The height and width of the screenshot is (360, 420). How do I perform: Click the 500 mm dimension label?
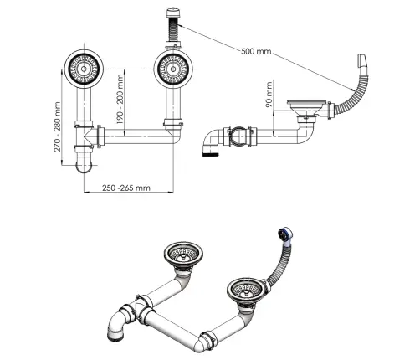pyautogui.click(x=256, y=51)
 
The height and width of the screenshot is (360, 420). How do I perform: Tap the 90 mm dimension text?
pyautogui.click(x=269, y=95)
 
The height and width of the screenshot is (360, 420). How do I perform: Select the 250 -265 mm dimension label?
pyautogui.click(x=126, y=188)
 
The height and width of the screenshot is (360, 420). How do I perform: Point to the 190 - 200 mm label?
pyautogui.click(x=120, y=99)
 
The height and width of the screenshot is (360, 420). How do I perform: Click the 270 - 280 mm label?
pyautogui.click(x=57, y=126)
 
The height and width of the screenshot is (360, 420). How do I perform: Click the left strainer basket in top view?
pyautogui.click(x=84, y=69)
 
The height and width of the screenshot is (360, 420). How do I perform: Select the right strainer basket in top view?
pyautogui.click(x=173, y=69)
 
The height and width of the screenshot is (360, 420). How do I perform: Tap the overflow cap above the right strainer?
pyautogui.click(x=173, y=13)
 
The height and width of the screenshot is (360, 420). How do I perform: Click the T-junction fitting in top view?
pyautogui.click(x=85, y=136)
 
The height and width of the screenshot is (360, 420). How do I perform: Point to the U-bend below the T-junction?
pyautogui.click(x=84, y=165)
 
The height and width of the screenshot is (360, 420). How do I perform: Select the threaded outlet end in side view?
pyautogui.click(x=211, y=152)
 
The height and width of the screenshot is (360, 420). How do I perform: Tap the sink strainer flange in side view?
pyautogui.click(x=307, y=102)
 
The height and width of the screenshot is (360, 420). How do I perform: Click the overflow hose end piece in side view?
pyautogui.click(x=361, y=61)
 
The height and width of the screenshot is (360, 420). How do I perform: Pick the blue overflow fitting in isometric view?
pyautogui.click(x=285, y=234)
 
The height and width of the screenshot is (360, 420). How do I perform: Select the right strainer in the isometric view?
pyautogui.click(x=246, y=290)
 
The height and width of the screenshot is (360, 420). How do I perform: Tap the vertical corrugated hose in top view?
pyautogui.click(x=173, y=30)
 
